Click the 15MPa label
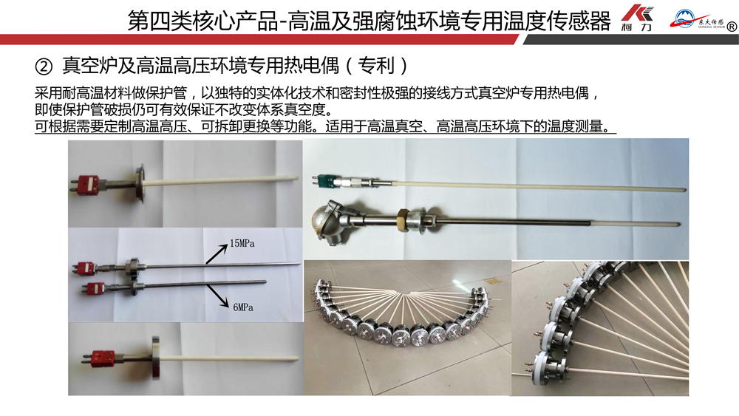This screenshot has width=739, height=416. [242, 244]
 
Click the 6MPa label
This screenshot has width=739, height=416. [243, 307]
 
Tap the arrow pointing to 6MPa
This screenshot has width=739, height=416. [217, 296]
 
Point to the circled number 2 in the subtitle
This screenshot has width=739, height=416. [44, 67]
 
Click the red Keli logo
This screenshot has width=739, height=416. [637, 18]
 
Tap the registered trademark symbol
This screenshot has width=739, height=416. [732, 27]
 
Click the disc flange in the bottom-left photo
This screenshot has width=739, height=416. [155, 358]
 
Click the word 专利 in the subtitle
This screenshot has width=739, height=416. [375, 66]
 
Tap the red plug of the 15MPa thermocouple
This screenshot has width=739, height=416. [86, 267]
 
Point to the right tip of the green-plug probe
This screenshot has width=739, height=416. [685, 189]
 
